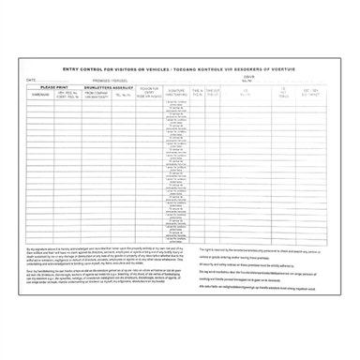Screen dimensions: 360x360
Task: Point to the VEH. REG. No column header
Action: (x=71, y=95)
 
